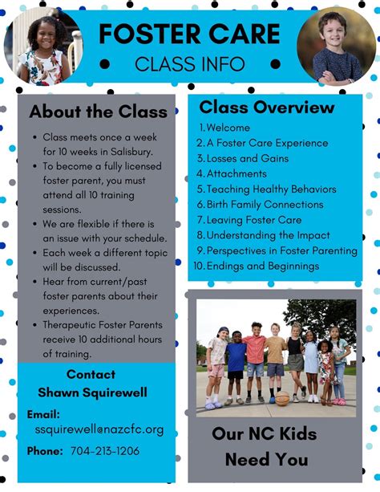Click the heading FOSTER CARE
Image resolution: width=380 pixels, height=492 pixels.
point(190,33)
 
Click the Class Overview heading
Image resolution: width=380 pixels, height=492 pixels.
point(267,108)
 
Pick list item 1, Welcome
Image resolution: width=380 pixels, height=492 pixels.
point(228,128)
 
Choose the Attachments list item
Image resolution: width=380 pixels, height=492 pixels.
point(236,173)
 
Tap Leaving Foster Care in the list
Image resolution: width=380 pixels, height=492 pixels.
point(254,219)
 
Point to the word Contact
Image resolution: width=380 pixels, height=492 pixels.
point(91,374)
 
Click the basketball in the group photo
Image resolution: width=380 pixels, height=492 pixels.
point(282,397)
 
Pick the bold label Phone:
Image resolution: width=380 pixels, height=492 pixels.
point(45,451)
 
